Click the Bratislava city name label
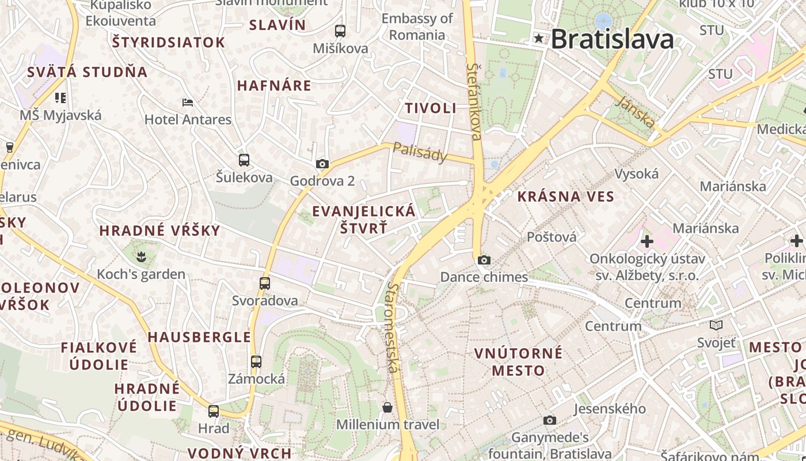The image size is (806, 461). (612, 39)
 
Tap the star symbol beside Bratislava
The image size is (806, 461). (539, 39)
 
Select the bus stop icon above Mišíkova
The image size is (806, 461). (340, 31)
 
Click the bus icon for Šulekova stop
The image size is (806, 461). (244, 160)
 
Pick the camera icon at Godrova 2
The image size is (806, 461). (322, 164)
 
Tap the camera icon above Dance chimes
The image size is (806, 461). (484, 260)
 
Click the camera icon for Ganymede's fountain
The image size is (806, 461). (550, 421)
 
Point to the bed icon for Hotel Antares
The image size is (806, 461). (188, 103)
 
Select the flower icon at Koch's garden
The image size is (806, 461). (141, 255)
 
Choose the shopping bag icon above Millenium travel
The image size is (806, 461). (387, 408)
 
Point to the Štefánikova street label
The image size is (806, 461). (474, 101)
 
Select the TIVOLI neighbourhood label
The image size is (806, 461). (430, 108)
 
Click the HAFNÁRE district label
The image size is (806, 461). (274, 86)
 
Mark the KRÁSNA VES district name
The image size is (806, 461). (565, 197)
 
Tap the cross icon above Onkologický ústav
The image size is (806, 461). (647, 241)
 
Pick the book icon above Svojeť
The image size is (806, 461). (716, 326)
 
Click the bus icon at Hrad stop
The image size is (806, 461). (214, 411)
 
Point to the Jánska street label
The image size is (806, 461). (635, 112)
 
